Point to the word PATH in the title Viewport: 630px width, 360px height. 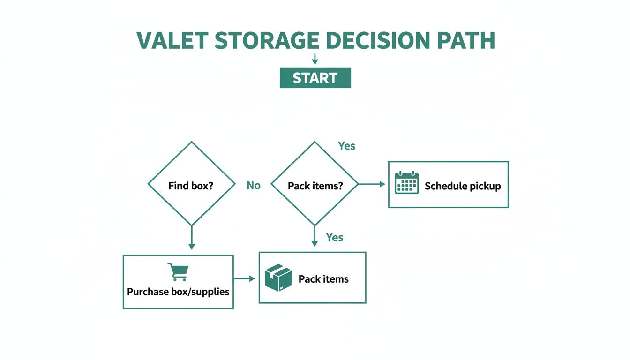pyautogui.click(x=465, y=41)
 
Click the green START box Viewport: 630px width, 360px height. pyautogui.click(x=315, y=78)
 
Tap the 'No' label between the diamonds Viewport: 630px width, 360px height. pyautogui.click(x=253, y=186)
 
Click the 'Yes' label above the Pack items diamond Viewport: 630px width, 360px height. pyautogui.click(x=347, y=146)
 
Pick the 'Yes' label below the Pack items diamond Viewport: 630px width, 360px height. pyautogui.click(x=335, y=237)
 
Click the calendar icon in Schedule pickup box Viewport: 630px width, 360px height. pyautogui.click(x=406, y=183)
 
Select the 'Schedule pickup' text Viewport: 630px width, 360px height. pyautogui.click(x=463, y=186)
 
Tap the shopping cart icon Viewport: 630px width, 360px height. pyautogui.click(x=178, y=272)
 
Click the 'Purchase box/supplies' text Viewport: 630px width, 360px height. pyautogui.click(x=178, y=292)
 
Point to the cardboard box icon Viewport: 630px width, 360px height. pyautogui.click(x=278, y=277)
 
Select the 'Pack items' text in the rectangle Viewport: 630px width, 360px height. pyautogui.click(x=323, y=279)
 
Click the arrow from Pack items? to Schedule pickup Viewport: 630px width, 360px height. pyautogui.click(x=372, y=184)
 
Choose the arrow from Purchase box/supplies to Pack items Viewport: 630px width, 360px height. pyautogui.click(x=245, y=279)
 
